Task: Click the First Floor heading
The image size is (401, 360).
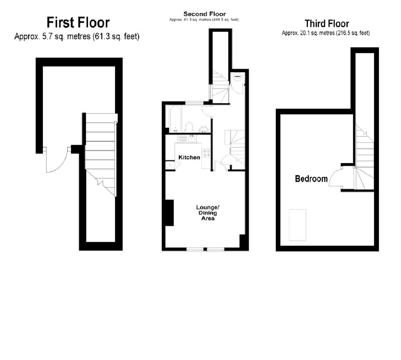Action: click(78, 22)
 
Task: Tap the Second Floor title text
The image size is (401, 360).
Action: click(204, 14)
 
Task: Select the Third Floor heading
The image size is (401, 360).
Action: click(327, 24)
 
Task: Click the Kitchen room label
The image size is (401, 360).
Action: click(189, 157)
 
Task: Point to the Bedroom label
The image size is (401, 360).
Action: click(311, 178)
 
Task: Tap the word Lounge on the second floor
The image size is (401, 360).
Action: click(208, 207)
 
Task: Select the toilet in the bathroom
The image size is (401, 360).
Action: click(189, 127)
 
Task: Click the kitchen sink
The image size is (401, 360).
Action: click(191, 139)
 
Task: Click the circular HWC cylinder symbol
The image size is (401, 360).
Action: click(238, 76)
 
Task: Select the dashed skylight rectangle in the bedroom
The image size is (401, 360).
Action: click(297, 225)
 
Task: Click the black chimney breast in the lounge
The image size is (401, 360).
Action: click(170, 213)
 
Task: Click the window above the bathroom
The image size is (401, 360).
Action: click(194, 102)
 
